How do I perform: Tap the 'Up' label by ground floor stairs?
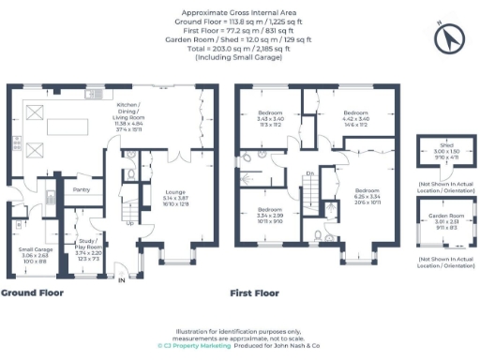(x=129, y=223)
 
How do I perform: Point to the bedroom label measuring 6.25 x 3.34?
(x=368, y=191)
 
